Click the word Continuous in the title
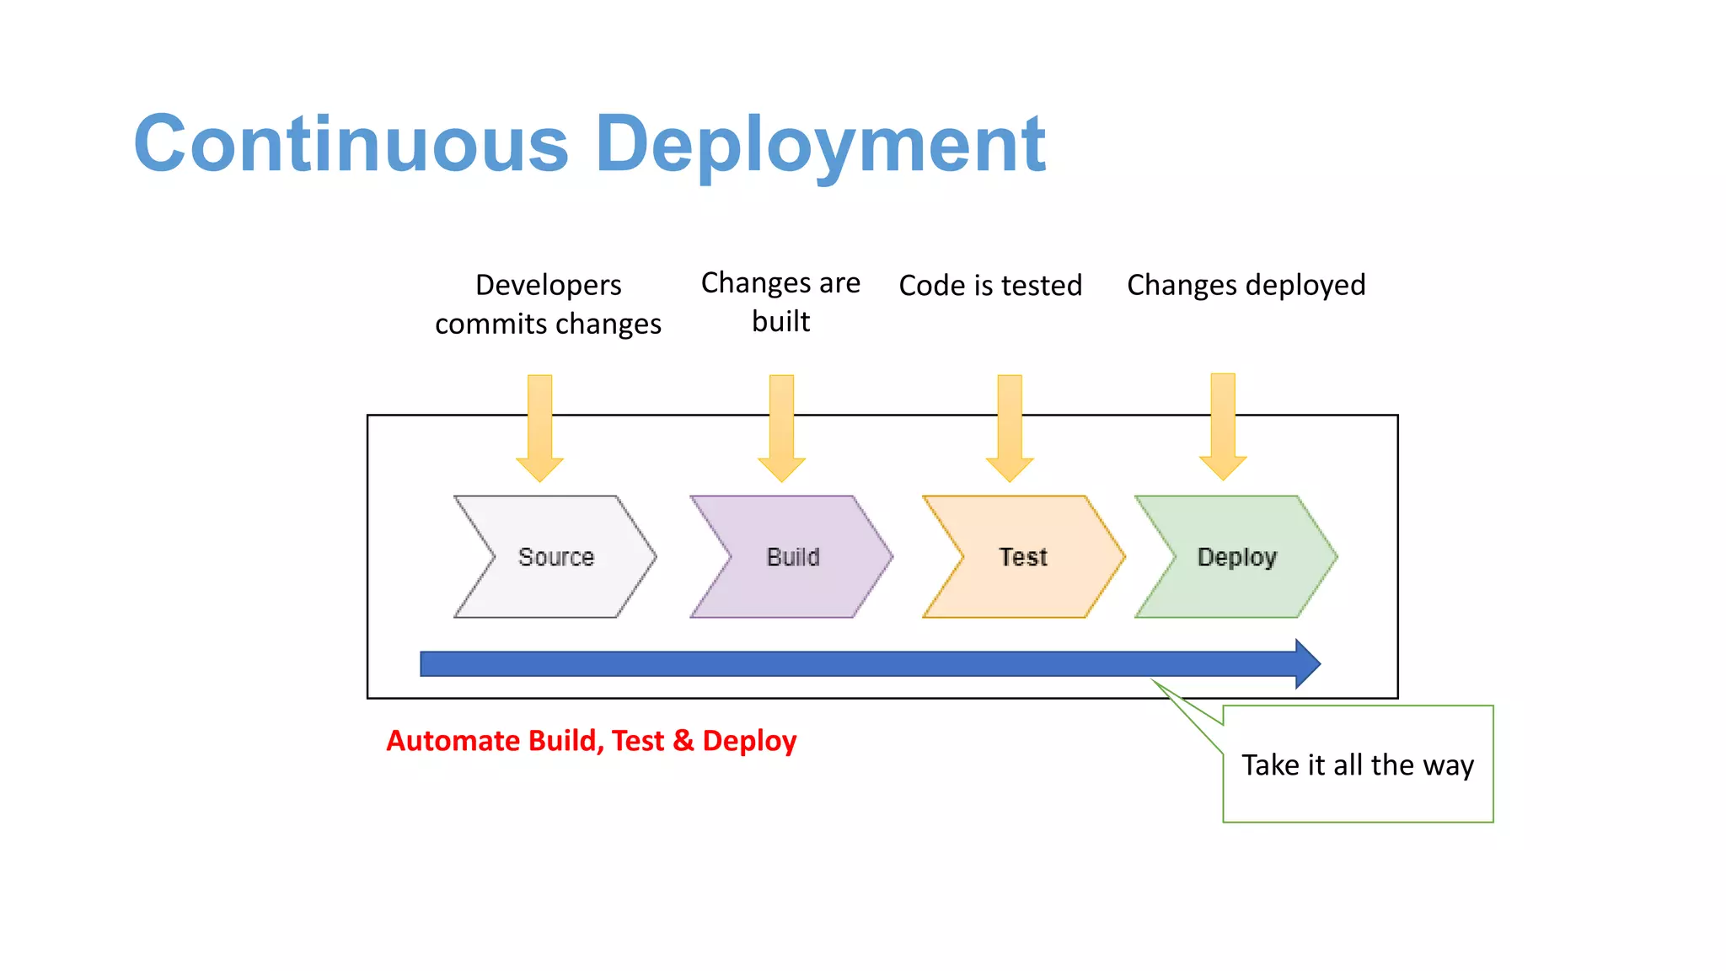(351, 144)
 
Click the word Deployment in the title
(820, 144)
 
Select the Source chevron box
(555, 557)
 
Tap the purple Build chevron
(792, 557)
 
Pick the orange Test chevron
(1023, 557)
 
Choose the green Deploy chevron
(1236, 557)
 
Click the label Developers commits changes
(548, 304)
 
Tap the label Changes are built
(780, 302)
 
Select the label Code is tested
(990, 286)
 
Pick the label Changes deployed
(1246, 286)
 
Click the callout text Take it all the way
(1357, 765)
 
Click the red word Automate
(453, 741)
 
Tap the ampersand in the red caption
(683, 741)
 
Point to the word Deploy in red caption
(749, 742)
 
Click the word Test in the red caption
(638, 741)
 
